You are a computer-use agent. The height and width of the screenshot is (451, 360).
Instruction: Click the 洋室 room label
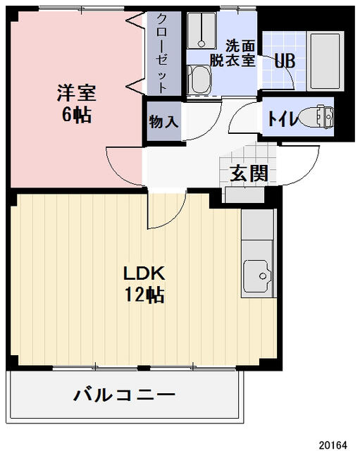tap(76, 92)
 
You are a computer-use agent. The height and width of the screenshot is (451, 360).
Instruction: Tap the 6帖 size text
tap(77, 115)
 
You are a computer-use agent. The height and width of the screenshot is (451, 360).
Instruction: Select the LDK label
tap(144, 273)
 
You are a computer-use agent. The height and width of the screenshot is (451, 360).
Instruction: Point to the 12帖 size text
tap(144, 295)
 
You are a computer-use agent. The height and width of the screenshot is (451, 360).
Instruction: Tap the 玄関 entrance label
tap(249, 173)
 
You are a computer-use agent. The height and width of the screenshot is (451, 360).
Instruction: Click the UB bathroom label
tap(285, 61)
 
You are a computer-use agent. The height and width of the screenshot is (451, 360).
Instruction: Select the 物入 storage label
tap(164, 121)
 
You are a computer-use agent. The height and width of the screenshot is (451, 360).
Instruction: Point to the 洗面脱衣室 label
tap(233, 54)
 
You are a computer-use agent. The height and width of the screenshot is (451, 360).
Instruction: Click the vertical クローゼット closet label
tap(162, 54)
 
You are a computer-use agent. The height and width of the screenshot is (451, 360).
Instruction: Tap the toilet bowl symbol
tap(309, 117)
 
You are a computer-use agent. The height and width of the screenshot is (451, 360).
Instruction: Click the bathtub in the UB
tap(325, 61)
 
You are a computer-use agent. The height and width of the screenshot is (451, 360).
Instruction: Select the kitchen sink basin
tap(257, 276)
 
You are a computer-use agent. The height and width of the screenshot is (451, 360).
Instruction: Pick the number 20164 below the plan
tap(333, 445)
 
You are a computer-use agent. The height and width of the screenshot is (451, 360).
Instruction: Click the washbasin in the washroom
tap(199, 79)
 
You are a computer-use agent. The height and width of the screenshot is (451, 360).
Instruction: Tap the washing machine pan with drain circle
tap(201, 30)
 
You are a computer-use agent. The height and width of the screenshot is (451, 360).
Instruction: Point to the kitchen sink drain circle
tap(263, 276)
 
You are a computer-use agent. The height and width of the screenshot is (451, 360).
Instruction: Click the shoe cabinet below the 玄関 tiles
tap(244, 195)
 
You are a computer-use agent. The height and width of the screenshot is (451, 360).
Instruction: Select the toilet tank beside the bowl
tap(326, 116)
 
